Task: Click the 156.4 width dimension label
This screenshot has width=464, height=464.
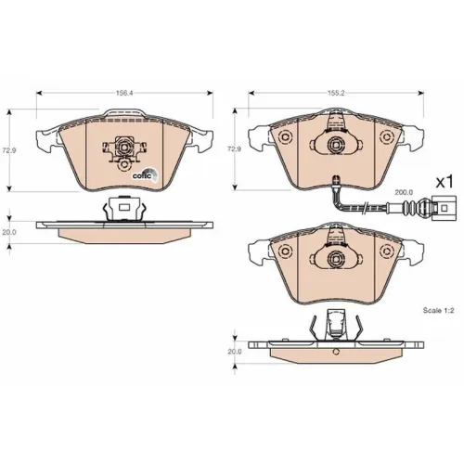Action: click(x=124, y=93)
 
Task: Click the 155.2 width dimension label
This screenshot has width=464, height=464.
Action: click(x=336, y=93)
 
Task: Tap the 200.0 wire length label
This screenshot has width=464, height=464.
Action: click(x=404, y=192)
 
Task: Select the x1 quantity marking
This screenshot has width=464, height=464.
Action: click(x=445, y=182)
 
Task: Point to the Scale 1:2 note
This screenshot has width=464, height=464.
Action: click(x=438, y=310)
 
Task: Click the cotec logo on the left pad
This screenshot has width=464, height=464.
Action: click(x=145, y=174)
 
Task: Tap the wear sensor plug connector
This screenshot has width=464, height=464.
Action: click(x=444, y=208)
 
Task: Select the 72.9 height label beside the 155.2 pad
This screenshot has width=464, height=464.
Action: click(x=234, y=149)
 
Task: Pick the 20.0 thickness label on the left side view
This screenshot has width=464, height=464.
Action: click(x=9, y=232)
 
